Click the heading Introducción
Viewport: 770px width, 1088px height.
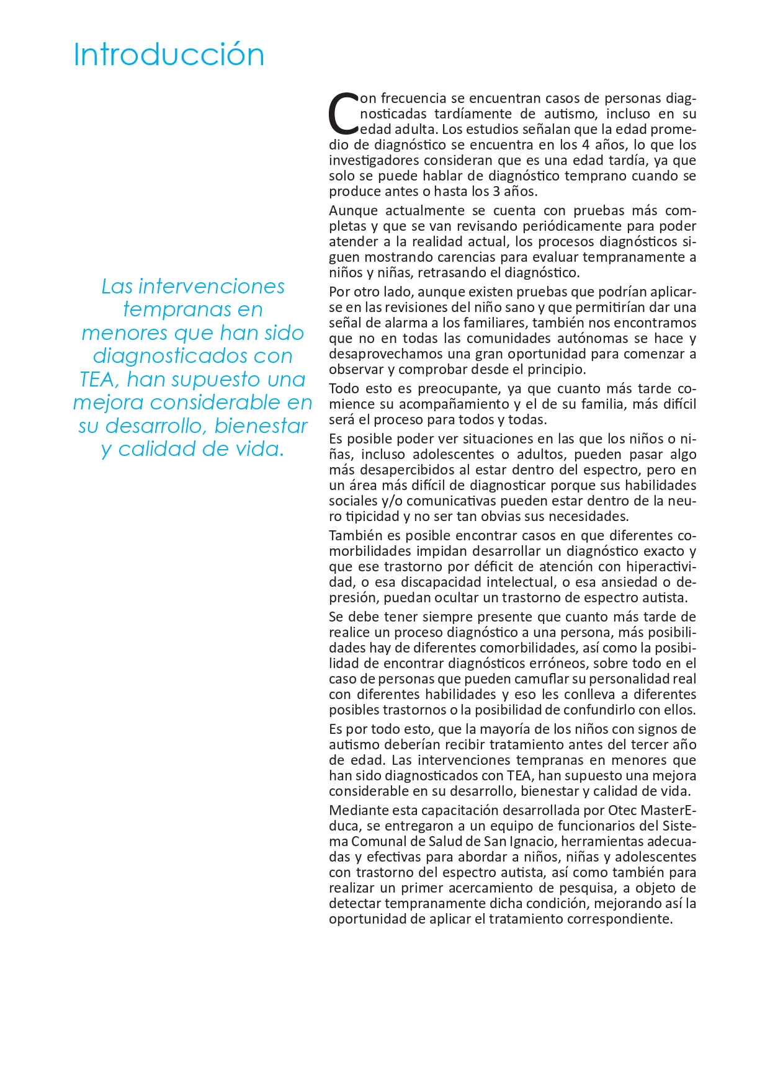pos(169,55)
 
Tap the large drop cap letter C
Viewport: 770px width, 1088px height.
pos(343,114)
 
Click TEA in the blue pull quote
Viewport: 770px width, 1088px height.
pos(97,380)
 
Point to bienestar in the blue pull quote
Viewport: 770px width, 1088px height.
pos(268,426)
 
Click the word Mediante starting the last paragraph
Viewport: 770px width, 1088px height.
pos(360,811)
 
